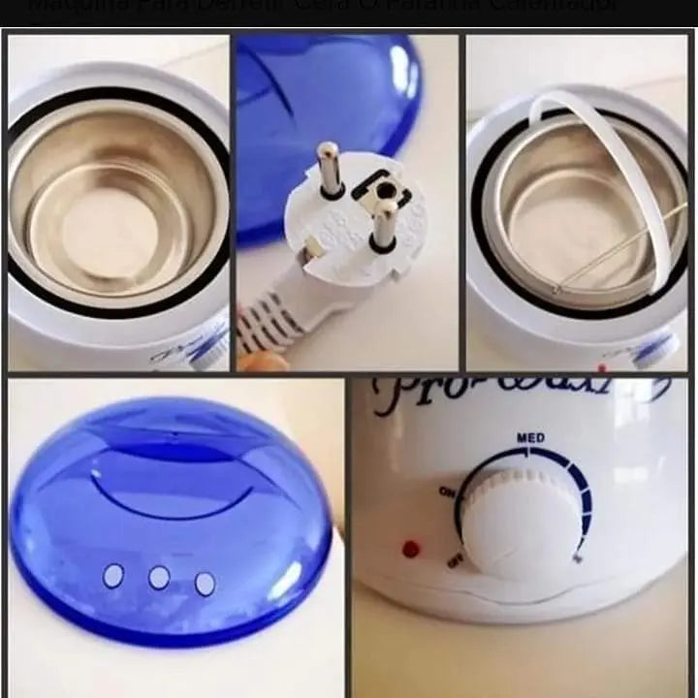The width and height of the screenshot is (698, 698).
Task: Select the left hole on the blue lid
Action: (113, 576)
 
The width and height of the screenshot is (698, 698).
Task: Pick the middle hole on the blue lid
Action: (159, 578)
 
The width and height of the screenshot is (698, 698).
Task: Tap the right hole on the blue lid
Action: (205, 584)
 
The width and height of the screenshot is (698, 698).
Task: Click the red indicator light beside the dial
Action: (411, 549)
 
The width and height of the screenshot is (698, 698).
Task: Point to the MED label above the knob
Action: (530, 438)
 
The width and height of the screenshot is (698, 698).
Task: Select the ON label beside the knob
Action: (447, 492)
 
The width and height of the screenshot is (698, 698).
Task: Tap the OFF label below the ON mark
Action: (454, 560)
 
